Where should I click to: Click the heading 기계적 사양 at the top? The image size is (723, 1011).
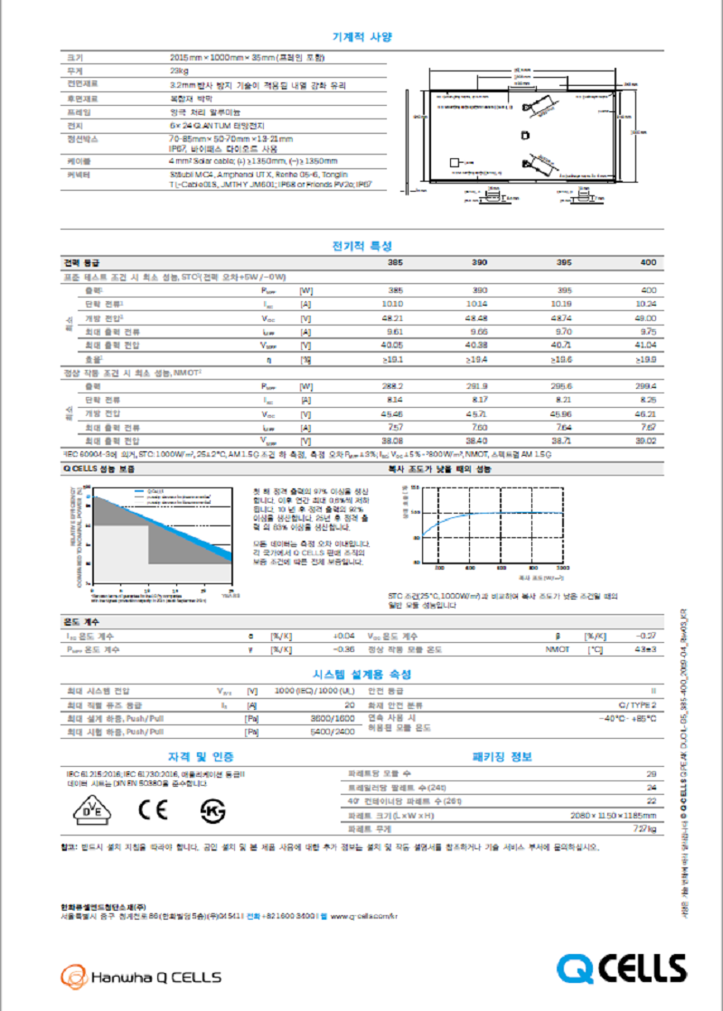[361, 37]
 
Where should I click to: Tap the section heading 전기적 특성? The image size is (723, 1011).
[361, 245]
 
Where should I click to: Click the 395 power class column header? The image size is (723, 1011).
[564, 262]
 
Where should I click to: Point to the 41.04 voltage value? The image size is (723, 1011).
[645, 345]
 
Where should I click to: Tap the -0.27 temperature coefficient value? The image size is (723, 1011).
[646, 636]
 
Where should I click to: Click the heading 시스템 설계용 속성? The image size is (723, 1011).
[361, 675]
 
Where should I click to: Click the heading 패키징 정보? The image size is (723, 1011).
[502, 756]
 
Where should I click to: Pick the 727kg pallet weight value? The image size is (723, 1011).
[644, 828]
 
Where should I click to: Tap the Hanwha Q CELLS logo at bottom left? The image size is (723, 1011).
[140, 977]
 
